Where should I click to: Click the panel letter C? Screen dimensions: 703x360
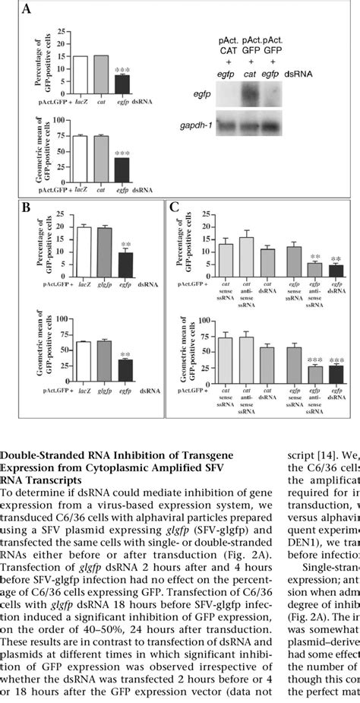175,207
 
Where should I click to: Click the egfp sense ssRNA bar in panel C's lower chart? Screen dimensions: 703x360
292,365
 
